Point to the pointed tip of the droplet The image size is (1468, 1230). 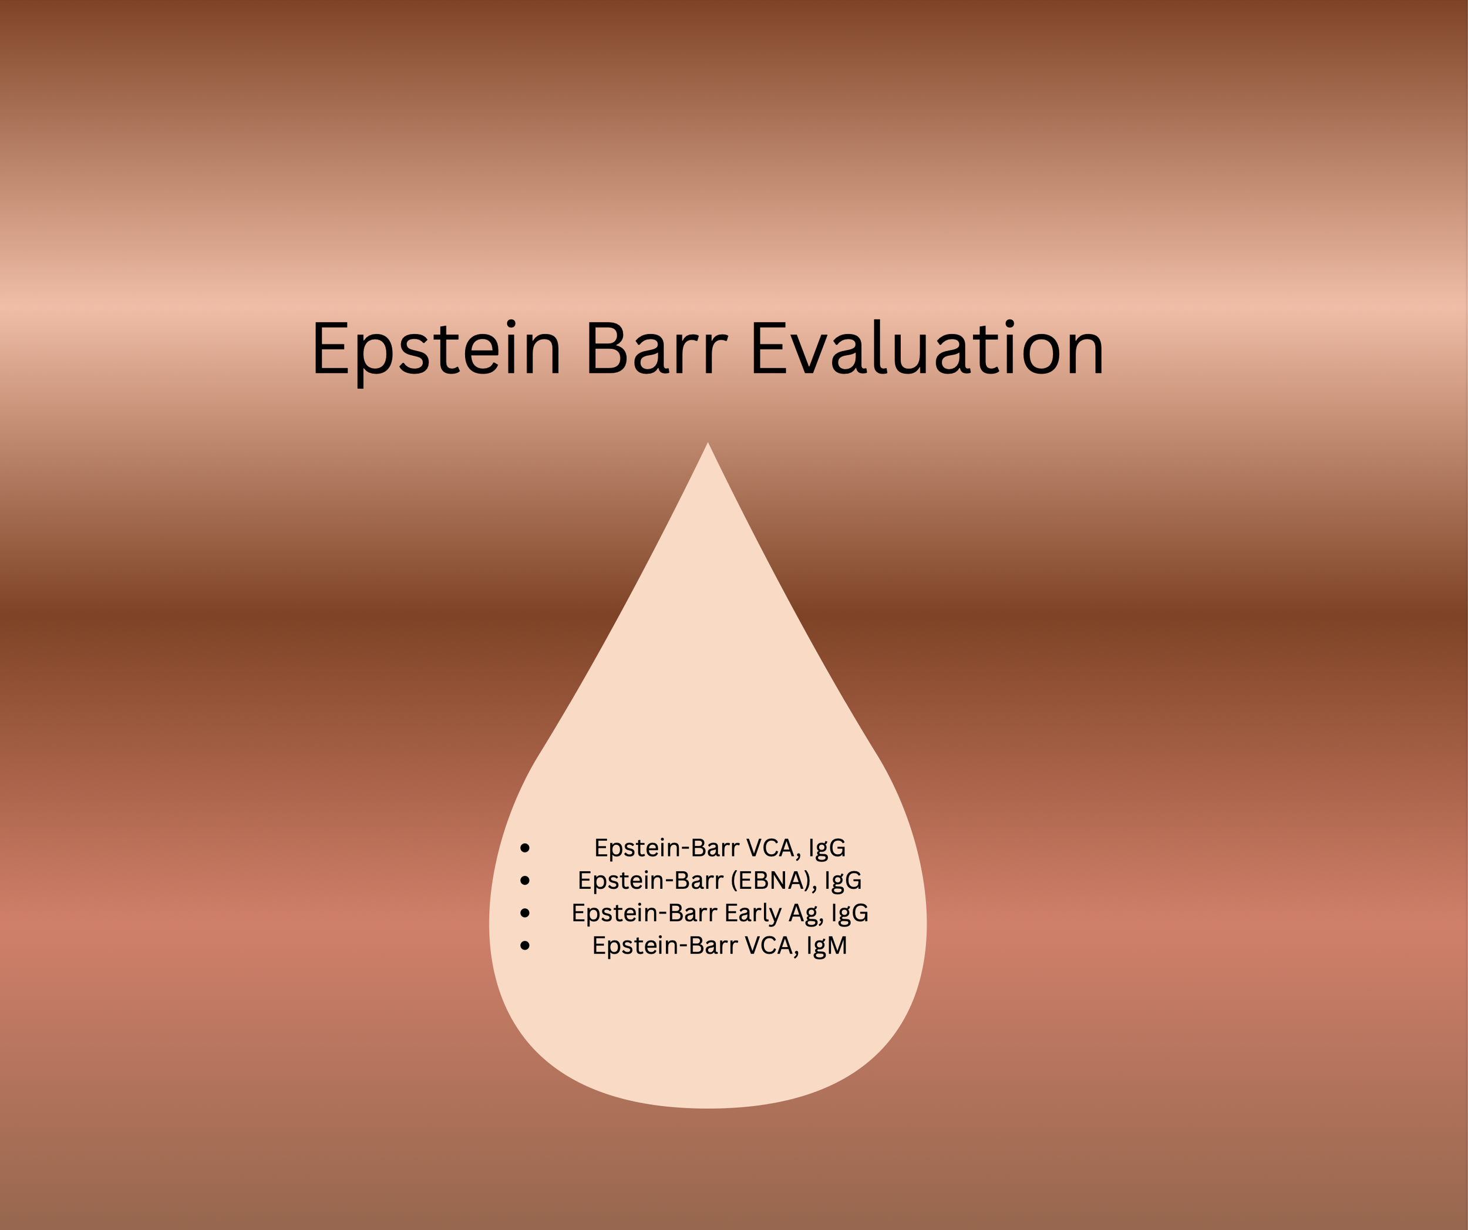click(x=708, y=445)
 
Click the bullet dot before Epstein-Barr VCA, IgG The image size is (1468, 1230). click(x=525, y=848)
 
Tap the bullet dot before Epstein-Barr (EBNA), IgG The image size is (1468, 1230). click(x=525, y=881)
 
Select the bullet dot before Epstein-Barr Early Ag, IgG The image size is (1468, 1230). click(x=525, y=914)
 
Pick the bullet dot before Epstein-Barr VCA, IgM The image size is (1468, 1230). click(x=525, y=946)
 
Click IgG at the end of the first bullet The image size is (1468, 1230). click(x=827, y=848)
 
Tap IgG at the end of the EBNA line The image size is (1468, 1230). click(x=843, y=881)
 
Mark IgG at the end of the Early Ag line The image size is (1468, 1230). click(x=849, y=914)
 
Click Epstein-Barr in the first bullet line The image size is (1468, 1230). click(x=666, y=848)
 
